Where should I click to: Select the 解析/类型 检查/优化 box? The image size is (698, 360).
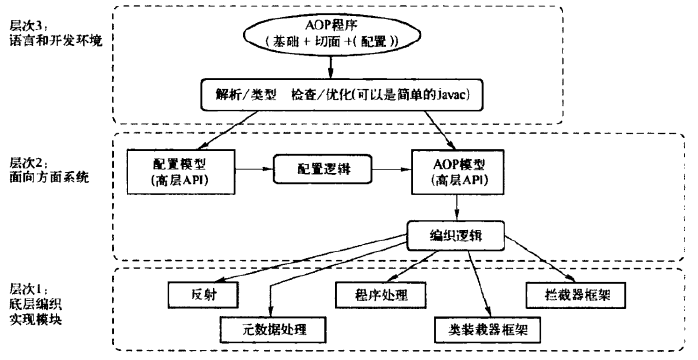coord(346,94)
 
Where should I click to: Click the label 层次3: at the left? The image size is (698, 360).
coord(27,22)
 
